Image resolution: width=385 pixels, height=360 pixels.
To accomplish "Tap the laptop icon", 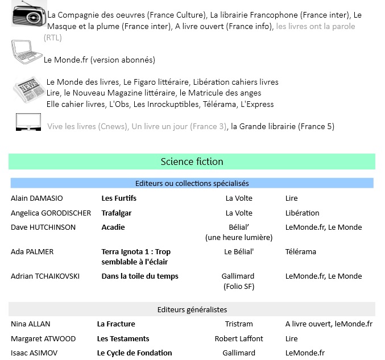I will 27,52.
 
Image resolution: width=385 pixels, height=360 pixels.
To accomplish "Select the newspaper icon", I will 29,90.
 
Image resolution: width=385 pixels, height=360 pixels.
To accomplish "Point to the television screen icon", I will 28,122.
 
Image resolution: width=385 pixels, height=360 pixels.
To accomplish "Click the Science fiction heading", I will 192,162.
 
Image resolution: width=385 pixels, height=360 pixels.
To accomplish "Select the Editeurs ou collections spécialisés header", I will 192,183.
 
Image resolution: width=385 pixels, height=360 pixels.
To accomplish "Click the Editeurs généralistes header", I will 192,309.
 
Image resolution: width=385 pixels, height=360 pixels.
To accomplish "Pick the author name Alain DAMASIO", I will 37,198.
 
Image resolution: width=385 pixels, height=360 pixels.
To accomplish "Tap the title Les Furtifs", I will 119,198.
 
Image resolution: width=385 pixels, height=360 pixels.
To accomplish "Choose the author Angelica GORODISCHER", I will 51,213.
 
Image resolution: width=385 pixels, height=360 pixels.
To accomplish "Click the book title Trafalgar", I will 117,213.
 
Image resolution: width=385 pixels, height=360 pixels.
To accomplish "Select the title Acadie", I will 113,227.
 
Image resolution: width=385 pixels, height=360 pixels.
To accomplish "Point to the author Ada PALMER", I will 32,252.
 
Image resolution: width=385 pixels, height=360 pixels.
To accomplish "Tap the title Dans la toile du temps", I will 140,276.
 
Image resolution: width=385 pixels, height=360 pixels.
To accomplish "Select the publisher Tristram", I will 239,324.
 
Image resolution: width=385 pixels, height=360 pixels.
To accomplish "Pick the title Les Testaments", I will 123,338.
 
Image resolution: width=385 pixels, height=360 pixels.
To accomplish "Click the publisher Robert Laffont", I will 239,338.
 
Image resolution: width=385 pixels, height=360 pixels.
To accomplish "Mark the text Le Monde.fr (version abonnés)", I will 100,60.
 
